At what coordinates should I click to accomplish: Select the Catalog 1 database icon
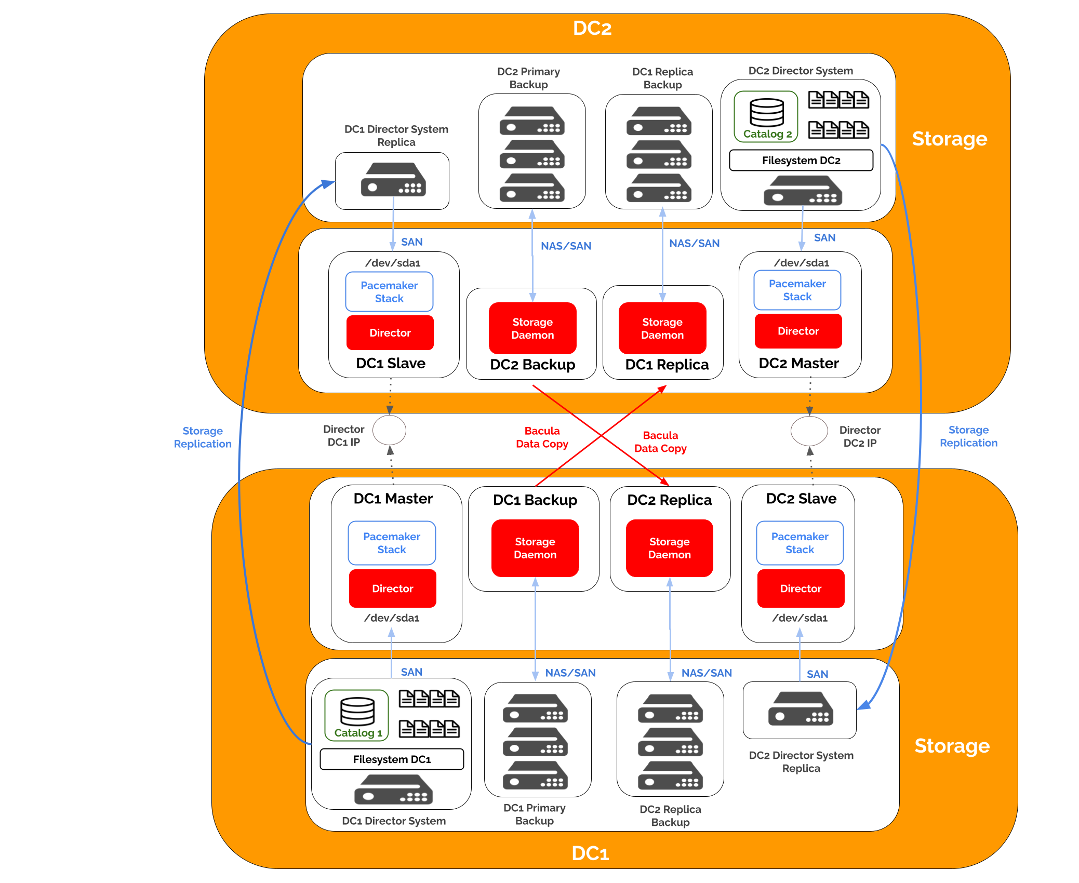coord(357,711)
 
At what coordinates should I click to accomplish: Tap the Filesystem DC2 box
coord(801,160)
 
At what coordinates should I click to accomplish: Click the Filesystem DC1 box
coord(392,759)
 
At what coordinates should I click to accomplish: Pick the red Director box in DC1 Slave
coord(390,333)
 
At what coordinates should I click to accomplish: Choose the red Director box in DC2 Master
coord(798,331)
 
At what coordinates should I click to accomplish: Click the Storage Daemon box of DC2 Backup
coord(532,328)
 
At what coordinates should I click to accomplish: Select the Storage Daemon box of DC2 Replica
coord(669,548)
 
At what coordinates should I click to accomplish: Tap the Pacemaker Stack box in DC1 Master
coord(392,543)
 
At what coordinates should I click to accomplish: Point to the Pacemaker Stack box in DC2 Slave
coord(800,543)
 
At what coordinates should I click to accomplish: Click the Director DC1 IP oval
coord(390,430)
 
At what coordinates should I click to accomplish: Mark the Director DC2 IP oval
coord(809,431)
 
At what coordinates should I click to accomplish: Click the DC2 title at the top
coord(592,28)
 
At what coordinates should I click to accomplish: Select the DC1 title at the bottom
coord(590,853)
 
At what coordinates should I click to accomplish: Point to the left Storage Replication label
coord(203,437)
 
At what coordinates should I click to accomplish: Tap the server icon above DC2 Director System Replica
coord(801,709)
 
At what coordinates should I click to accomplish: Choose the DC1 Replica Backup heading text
coord(662,78)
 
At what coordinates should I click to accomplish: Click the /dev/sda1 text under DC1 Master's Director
coord(392,618)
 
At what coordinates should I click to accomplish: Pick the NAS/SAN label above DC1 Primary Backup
coord(570,673)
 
